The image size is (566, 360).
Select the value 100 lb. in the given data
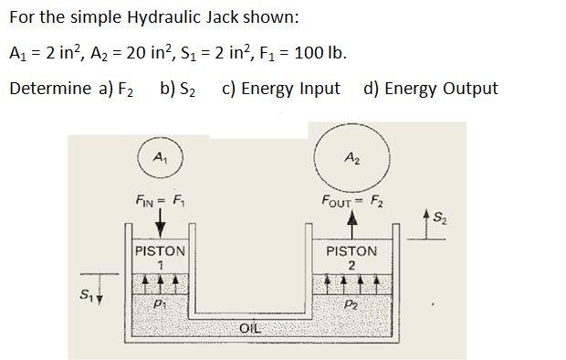point(320,53)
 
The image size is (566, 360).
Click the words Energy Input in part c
point(290,89)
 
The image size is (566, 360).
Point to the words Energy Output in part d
point(441,89)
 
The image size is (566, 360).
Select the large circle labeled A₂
point(352,158)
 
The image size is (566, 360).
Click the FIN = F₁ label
point(161,200)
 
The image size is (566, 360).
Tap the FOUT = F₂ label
point(353,201)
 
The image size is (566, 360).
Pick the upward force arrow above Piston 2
point(352,224)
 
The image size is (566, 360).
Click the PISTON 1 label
point(160,258)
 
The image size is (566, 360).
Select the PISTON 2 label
point(351,258)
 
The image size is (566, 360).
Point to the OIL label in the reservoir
point(250,328)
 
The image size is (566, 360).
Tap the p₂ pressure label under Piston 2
point(352,305)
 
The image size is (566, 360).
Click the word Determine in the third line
point(50,89)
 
